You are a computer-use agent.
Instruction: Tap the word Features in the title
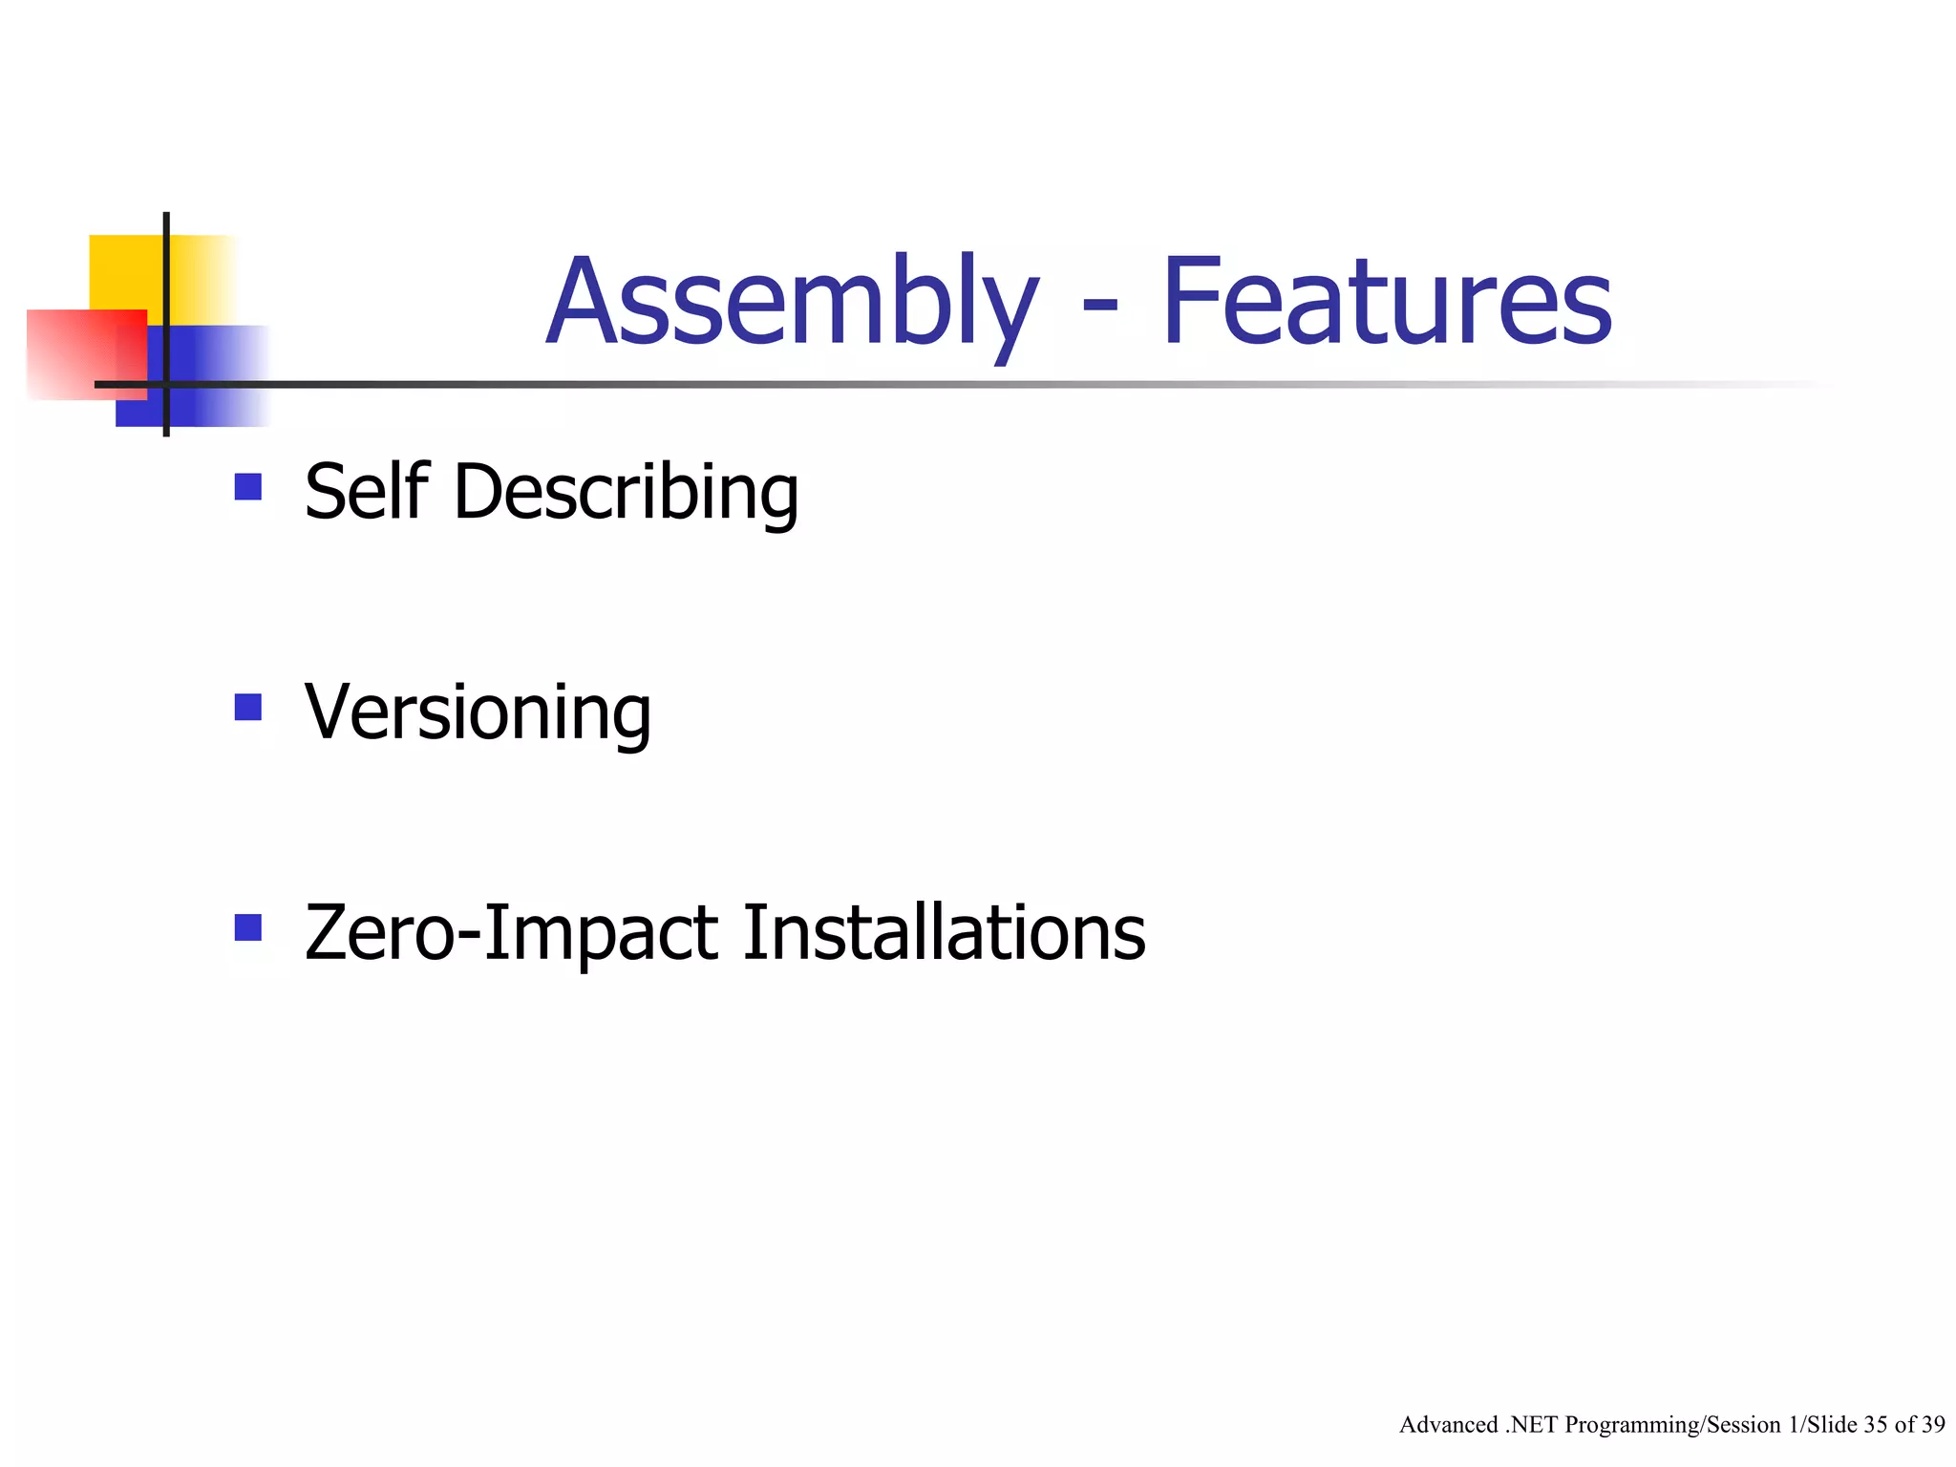pos(1387,304)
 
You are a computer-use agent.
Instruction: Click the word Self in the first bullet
pos(366,492)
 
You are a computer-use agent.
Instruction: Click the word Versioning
pos(478,712)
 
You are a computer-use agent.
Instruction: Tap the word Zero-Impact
pos(511,933)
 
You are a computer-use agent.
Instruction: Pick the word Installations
pos(944,932)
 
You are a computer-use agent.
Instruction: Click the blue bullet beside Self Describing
pos(248,487)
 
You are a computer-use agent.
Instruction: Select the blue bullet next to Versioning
pos(248,708)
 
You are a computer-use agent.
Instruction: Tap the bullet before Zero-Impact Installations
pos(248,927)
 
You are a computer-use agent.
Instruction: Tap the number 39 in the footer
pos(1932,1425)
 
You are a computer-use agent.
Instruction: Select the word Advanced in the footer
pos(1448,1425)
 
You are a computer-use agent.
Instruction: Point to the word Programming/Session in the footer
pos(1672,1425)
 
